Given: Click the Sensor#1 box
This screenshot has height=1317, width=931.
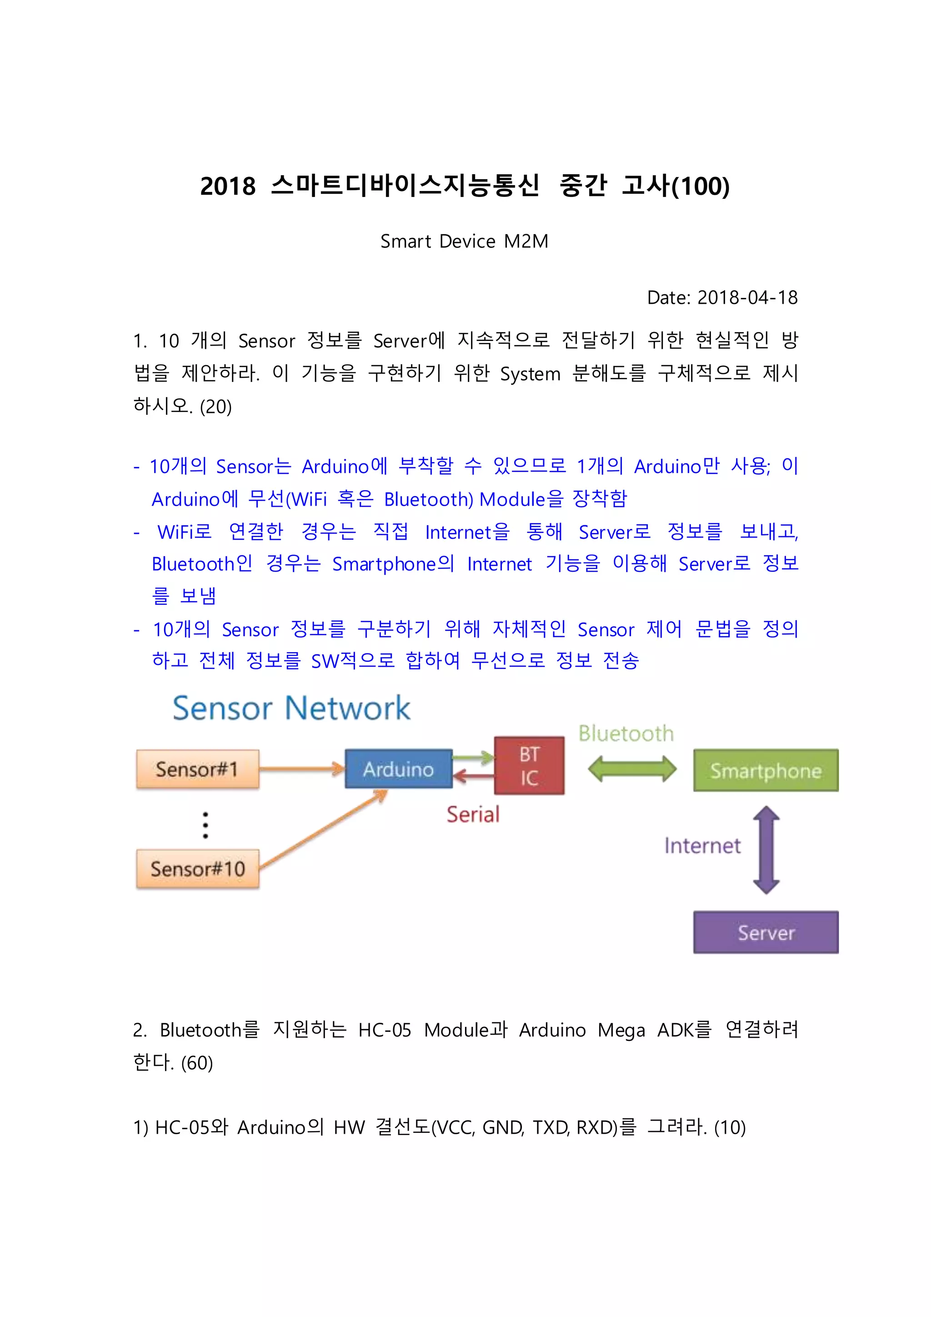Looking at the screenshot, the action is tap(197, 769).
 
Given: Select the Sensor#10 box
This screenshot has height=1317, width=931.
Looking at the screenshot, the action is tap(197, 869).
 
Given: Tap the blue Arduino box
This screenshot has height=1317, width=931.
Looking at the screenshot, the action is tap(398, 769).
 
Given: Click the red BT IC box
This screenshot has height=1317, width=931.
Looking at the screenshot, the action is tap(529, 766).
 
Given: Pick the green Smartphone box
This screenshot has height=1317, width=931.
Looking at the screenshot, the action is tap(766, 770).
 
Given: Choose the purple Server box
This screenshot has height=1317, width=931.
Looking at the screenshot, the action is tap(766, 932).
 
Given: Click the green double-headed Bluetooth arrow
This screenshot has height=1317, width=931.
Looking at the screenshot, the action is tap(632, 769).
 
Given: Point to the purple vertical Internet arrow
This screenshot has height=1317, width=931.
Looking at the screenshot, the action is tap(766, 850).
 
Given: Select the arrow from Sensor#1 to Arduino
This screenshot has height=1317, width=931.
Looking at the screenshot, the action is tap(301, 769).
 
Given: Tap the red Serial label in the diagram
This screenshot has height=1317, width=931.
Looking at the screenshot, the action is tap(473, 814).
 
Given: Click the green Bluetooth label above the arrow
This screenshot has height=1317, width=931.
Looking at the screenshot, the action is tap(626, 734).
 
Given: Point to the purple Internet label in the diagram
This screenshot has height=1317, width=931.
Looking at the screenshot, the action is tap(702, 846).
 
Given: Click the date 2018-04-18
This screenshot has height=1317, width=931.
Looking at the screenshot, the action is tap(747, 298).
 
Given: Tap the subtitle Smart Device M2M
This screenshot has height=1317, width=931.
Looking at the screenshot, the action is tap(464, 241).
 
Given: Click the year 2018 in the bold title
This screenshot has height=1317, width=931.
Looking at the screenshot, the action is tap(228, 186).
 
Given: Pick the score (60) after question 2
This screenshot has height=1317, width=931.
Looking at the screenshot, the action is tap(197, 1063).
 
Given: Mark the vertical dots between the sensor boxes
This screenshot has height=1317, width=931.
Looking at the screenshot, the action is tap(205, 825).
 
